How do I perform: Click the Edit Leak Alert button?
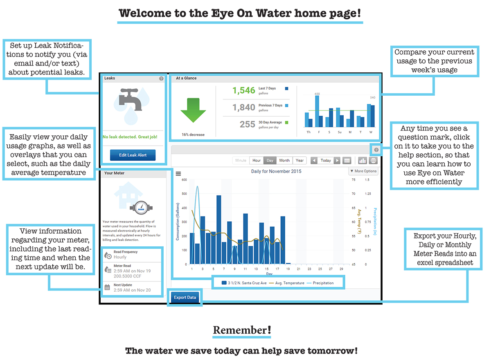(x=133, y=155)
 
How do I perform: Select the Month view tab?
(x=284, y=160)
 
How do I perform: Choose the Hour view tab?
(x=256, y=160)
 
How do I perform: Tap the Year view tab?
(x=300, y=160)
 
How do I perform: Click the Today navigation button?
(x=326, y=160)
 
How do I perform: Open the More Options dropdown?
(x=363, y=171)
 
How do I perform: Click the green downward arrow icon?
(x=193, y=110)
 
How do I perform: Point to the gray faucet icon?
(x=130, y=99)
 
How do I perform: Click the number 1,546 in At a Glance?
(x=244, y=90)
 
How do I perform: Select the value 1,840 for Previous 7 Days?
(x=244, y=107)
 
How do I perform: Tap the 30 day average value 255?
(x=247, y=124)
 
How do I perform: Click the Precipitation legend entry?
(x=320, y=283)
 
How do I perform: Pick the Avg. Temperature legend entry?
(x=286, y=283)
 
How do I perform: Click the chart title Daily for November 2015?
(x=276, y=171)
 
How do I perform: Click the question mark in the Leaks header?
(x=161, y=79)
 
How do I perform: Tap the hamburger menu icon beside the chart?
(x=178, y=174)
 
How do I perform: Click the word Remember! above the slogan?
(x=242, y=330)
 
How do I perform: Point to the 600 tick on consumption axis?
(x=184, y=180)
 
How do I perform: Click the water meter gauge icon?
(x=141, y=207)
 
